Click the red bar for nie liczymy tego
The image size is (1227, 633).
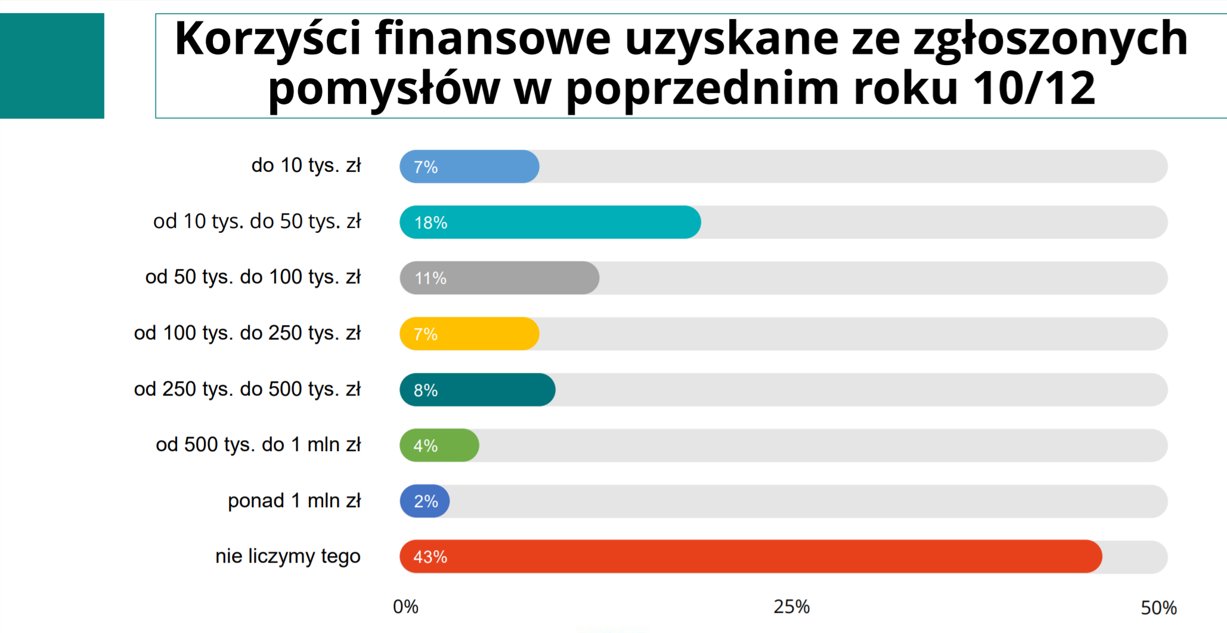[751, 557]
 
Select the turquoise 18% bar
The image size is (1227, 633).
[550, 223]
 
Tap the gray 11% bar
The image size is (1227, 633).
[500, 278]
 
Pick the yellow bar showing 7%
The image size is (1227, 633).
[470, 334]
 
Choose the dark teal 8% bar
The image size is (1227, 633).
[478, 390]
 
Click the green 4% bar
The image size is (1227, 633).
[439, 445]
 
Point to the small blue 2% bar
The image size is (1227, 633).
[425, 501]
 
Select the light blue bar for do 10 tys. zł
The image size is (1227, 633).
[470, 166]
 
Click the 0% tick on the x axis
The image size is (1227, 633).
[405, 607]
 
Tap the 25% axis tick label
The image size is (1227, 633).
[792, 607]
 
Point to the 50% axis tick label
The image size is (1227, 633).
[1158, 607]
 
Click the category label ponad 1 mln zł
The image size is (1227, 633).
[294, 501]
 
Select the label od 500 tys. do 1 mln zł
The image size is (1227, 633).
[258, 444]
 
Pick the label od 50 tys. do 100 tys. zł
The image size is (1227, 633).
[253, 277]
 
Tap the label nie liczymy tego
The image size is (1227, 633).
[288, 556]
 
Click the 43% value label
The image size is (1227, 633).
[430, 557]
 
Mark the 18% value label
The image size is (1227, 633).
[430, 223]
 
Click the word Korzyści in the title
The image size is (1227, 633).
[268, 39]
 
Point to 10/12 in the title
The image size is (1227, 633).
[1034, 88]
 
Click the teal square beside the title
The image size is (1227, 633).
[52, 66]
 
